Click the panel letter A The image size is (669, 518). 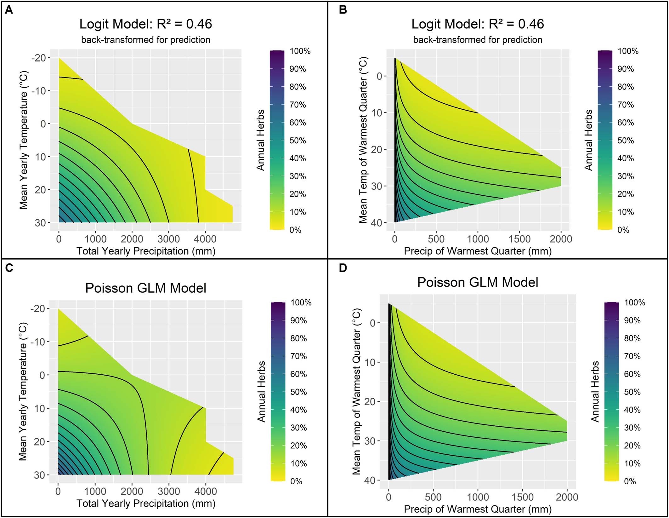9,10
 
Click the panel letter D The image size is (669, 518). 343,268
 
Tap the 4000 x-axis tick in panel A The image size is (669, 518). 205,239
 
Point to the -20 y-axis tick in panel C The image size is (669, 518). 38,308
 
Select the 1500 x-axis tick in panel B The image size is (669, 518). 519,239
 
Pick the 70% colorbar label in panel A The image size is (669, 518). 298,105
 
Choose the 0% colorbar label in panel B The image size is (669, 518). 623,230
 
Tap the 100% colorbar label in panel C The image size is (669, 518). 301,303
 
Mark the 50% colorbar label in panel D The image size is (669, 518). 632,392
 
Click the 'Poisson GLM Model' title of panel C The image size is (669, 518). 146,288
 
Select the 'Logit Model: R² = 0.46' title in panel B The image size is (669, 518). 478,24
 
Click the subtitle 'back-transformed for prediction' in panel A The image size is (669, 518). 146,40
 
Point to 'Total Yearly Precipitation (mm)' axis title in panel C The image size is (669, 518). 146,503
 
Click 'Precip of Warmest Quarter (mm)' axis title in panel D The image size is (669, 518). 478,509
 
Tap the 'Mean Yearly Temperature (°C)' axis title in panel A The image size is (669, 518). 24,140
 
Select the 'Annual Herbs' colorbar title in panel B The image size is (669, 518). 588,140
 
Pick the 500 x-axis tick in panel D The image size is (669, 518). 433,497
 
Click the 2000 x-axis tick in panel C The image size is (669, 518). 132,491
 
